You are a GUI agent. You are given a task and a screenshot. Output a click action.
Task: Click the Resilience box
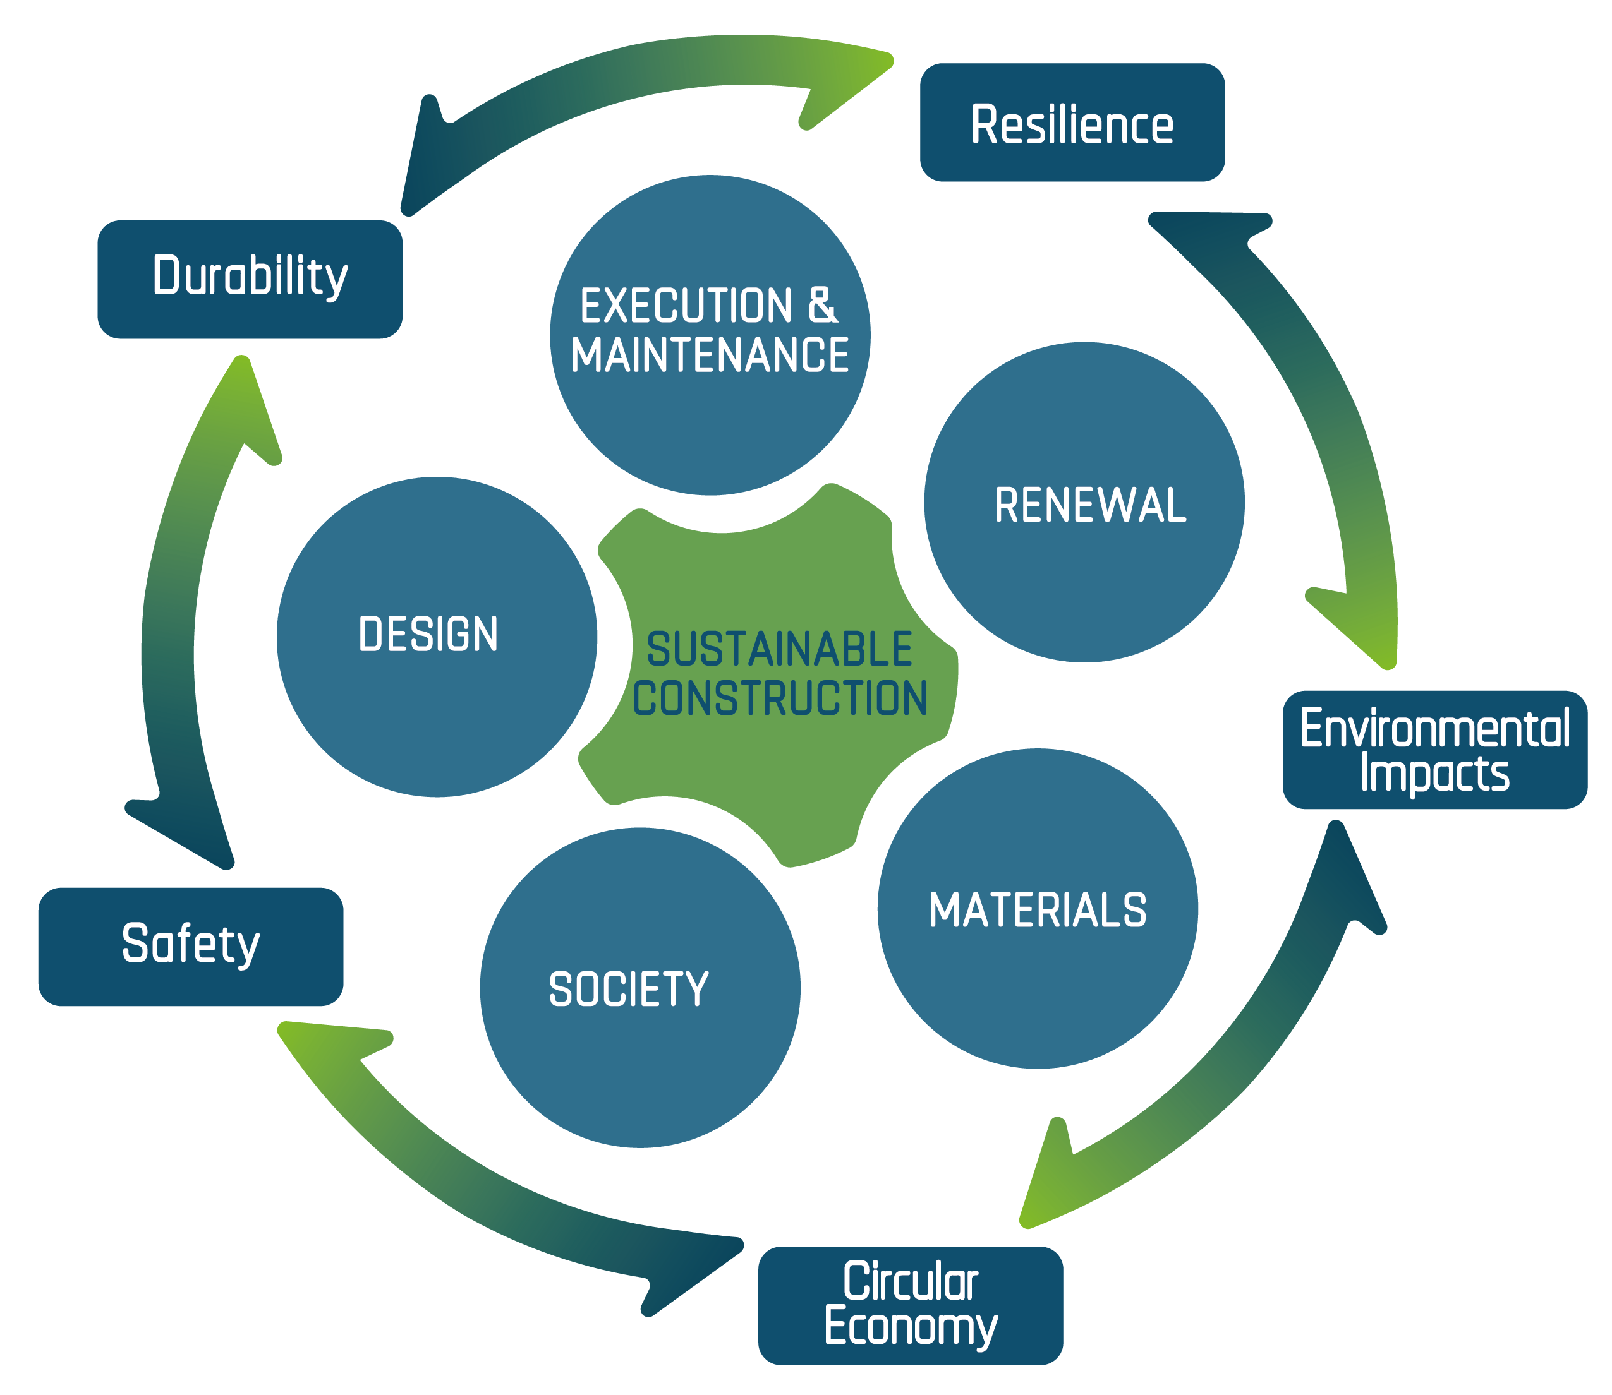(1072, 123)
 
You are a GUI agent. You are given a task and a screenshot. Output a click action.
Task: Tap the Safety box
(191, 946)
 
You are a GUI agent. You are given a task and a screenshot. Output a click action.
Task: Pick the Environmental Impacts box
(1434, 749)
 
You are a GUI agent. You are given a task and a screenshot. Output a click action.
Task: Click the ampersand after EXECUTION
(821, 305)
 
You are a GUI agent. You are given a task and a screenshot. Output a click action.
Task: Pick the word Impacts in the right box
(1434, 772)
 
